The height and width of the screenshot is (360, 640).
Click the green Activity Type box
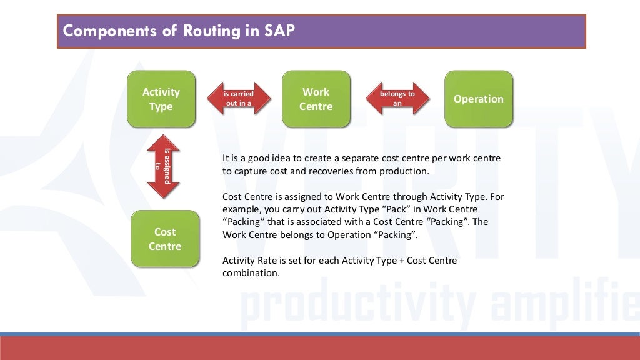161,99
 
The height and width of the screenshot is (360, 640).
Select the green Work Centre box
316,99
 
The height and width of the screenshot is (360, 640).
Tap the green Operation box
478,99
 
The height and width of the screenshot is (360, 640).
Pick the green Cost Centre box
165,239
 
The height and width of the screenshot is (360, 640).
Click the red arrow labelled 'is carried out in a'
239,99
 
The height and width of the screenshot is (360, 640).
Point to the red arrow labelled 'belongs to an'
397,99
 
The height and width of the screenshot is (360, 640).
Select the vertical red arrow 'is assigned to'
163,167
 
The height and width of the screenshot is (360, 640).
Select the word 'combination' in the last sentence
250,274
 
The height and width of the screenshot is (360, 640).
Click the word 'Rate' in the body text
266,261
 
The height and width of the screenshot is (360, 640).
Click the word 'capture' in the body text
250,171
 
